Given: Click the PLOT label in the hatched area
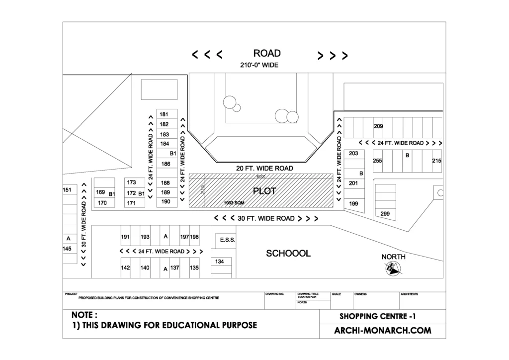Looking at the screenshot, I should point(264,191).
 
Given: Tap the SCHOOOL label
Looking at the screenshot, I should point(288,254).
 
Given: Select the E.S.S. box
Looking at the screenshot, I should point(227,240).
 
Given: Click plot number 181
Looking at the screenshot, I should point(165,114).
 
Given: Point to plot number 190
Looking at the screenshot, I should point(166,201).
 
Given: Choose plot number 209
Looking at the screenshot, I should point(378,126).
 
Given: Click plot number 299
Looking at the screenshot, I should point(385,214).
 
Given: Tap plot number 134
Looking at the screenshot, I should point(220,262).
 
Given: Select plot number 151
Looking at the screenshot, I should point(67,190).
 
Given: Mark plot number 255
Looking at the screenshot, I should point(377,161).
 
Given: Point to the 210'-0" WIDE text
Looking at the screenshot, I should point(259,65).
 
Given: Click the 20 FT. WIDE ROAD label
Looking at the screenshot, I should point(264,169).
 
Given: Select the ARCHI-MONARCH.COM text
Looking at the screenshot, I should point(382,330).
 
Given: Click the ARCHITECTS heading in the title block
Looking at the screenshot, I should point(409,294).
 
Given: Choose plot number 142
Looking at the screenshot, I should point(125,268).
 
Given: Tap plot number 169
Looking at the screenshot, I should point(100,192).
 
